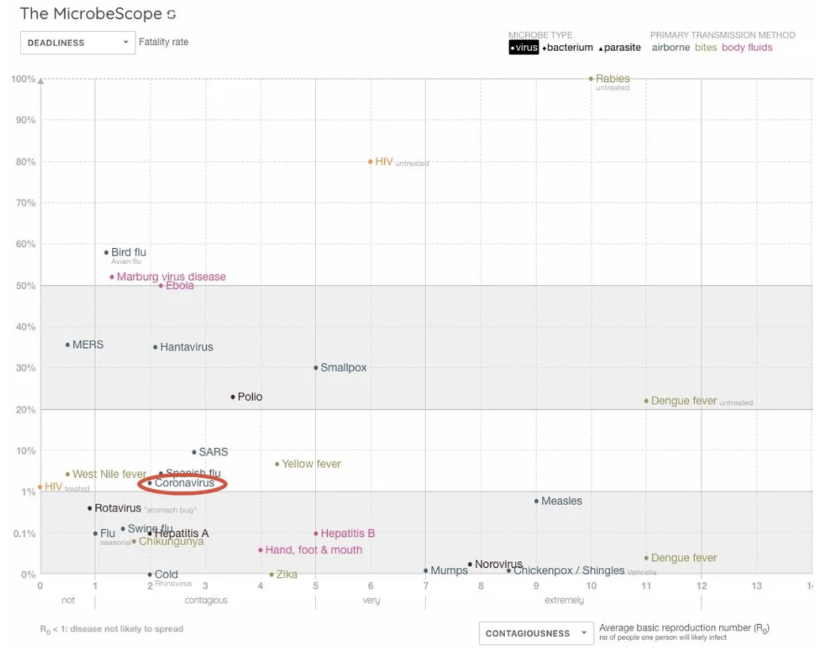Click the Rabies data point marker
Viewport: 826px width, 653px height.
point(591,79)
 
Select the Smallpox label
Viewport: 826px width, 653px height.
point(343,367)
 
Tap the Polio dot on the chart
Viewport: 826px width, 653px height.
point(233,397)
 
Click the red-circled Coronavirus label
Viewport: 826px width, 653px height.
point(184,483)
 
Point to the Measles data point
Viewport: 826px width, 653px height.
point(536,501)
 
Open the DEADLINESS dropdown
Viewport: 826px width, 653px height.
point(78,43)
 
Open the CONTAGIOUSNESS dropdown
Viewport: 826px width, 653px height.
point(536,633)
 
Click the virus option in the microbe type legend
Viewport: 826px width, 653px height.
point(524,47)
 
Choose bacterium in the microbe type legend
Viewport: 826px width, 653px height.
point(569,47)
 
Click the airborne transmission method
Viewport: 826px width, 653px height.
point(670,47)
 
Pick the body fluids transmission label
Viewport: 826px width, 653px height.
point(747,47)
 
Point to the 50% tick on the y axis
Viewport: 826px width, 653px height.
point(25,286)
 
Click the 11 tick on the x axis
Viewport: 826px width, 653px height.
point(646,586)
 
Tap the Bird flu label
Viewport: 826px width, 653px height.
point(128,252)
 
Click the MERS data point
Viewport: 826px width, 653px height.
point(67,345)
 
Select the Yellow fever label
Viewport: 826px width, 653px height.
point(311,464)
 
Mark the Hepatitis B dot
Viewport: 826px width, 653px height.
point(316,534)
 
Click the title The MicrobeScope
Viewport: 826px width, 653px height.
point(91,14)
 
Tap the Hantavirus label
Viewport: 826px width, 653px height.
point(186,347)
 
